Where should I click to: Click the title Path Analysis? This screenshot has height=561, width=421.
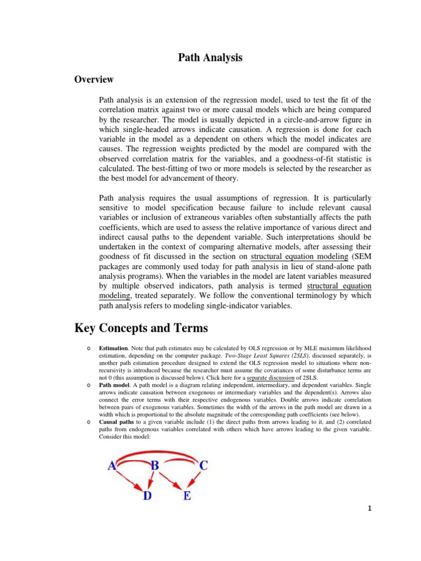click(210, 58)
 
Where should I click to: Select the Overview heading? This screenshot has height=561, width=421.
click(94, 79)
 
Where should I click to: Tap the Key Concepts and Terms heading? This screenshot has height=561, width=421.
click(141, 328)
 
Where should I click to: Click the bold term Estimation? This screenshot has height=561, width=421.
click(113, 348)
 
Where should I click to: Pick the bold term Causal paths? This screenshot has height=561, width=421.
click(117, 422)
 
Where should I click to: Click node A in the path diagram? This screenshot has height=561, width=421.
click(112, 466)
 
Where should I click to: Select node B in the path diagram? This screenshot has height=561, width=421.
click(155, 466)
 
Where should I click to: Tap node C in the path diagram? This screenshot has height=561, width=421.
click(203, 466)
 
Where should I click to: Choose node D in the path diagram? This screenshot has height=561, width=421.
click(147, 497)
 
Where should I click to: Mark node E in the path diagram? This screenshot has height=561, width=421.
click(186, 497)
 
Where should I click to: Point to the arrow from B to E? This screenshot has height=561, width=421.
click(172, 482)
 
